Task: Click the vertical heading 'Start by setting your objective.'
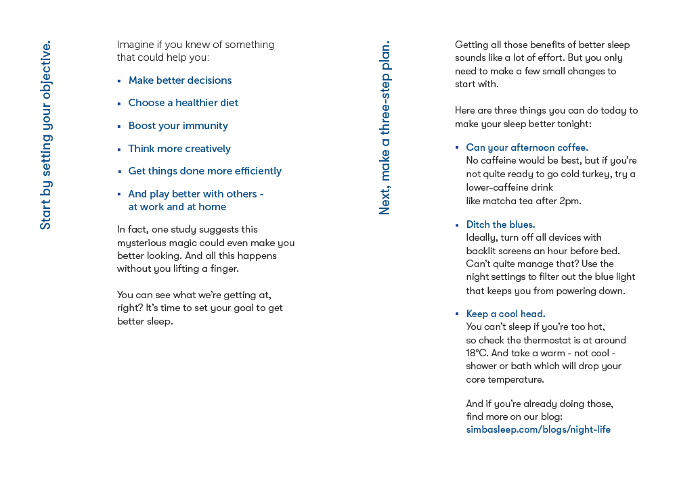pos(45,135)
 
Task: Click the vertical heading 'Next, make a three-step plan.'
pos(385,128)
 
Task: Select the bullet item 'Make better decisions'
pos(179,80)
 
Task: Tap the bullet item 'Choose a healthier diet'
pos(183,103)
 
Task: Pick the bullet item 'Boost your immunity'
pos(178,126)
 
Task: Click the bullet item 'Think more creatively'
pos(179,149)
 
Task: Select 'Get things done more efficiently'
pos(204,171)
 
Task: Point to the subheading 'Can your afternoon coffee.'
pos(527,147)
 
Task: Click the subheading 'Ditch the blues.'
pos(500,224)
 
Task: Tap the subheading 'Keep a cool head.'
pos(505,314)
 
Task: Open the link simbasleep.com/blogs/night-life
pos(538,429)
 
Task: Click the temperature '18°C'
pos(477,353)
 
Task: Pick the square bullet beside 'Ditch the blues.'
pos(457,224)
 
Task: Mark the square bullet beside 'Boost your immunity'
pos(119,126)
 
